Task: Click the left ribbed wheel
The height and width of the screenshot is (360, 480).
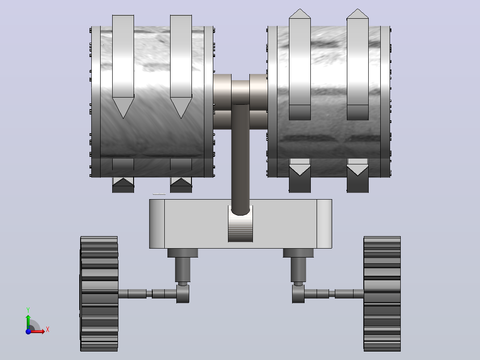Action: pos(99,294)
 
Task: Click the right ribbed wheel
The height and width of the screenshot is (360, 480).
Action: pos(382,294)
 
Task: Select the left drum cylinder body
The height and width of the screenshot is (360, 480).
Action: pos(152,102)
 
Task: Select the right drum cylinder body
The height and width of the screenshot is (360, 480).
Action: pos(329,102)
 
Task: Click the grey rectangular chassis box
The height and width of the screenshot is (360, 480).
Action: pos(240,224)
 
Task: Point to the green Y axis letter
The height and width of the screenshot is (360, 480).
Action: pos(28,310)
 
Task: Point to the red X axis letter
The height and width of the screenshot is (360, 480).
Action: pos(48,330)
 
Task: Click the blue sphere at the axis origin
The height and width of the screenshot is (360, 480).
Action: pos(28,331)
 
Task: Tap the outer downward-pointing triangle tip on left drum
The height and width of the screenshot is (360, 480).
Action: pos(123,118)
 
